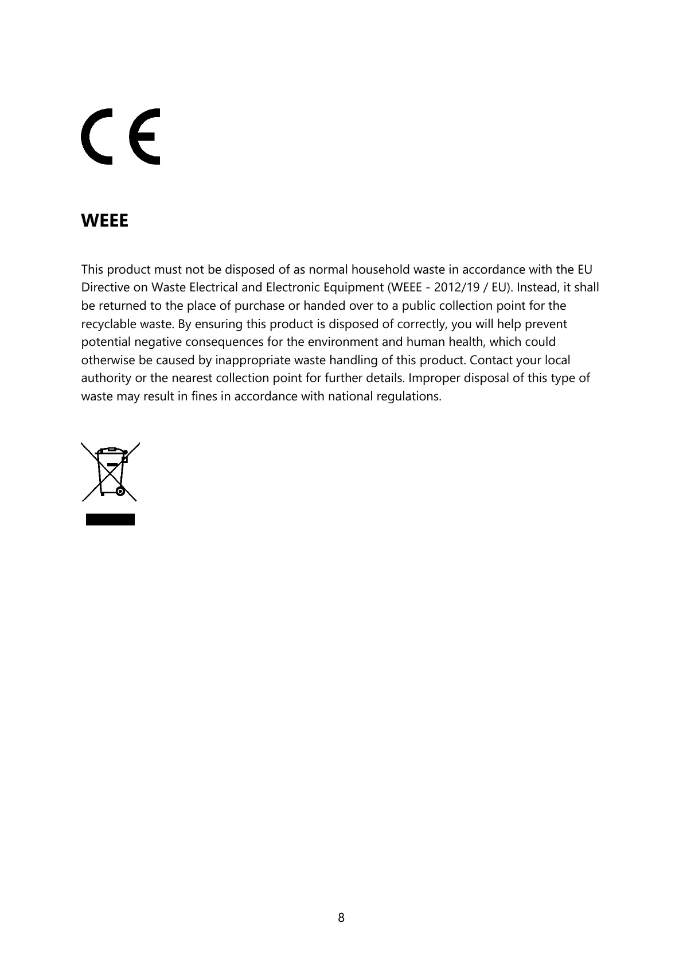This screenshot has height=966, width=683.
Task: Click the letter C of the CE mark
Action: [x=96, y=137]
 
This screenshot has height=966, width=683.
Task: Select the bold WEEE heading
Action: [x=105, y=220]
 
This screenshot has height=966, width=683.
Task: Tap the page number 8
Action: [x=341, y=917]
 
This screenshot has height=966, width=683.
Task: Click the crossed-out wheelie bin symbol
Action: [x=110, y=472]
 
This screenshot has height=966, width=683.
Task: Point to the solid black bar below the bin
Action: [x=110, y=520]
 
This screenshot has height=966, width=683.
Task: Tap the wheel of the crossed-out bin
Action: [x=120, y=491]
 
